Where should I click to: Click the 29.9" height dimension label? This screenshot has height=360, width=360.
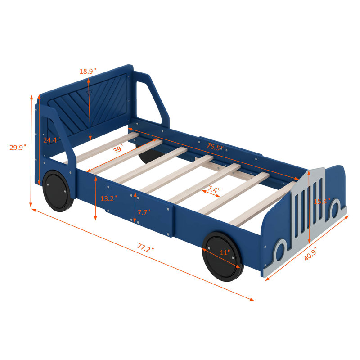coord(18,148)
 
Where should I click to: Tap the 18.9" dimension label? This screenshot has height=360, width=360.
coord(88,71)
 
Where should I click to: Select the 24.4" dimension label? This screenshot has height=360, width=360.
coord(52,139)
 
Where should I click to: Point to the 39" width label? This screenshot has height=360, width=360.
coord(118,149)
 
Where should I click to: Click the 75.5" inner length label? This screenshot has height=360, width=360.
coord(215,147)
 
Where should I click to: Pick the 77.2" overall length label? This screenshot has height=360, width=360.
coord(145,248)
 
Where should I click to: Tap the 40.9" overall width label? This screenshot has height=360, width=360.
coord(310,254)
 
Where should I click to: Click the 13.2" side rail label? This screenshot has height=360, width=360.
coord(108,198)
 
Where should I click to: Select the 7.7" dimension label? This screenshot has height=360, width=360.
coord(144,212)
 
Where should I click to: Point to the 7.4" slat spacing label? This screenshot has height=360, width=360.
coord(214,189)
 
